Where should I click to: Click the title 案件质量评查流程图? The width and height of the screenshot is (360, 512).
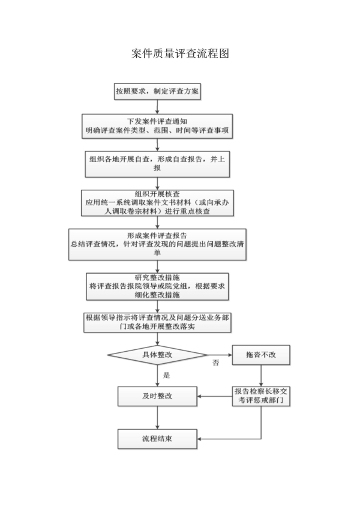tap(180, 53)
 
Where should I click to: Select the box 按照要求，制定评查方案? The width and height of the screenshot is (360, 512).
tap(157, 91)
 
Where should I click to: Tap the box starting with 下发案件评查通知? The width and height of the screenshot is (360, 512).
tap(157, 127)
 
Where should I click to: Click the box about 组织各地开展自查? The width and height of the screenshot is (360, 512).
tap(157, 164)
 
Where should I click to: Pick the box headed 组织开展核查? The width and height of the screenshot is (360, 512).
tap(157, 203)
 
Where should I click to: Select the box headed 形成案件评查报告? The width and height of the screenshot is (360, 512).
tap(157, 244)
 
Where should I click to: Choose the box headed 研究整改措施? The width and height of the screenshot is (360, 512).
tap(157, 286)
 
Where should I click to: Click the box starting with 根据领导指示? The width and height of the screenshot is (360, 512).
tap(157, 322)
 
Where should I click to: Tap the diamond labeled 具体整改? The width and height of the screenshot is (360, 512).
tap(157, 355)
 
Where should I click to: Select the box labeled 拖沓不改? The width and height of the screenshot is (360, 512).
tap(261, 355)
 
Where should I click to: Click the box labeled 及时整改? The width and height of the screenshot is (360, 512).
tap(157, 396)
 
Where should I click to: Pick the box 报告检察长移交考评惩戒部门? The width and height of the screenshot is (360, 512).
tap(261, 396)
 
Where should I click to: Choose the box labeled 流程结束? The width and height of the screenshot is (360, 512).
tap(157, 439)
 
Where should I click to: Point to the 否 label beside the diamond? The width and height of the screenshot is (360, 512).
tap(216, 363)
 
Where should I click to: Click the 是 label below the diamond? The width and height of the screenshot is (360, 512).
tap(166, 375)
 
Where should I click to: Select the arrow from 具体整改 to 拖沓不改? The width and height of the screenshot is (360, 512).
tap(220, 355)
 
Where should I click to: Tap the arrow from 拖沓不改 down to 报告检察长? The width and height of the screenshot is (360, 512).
tap(261, 376)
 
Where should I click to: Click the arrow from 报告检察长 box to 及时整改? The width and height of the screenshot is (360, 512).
tap(215, 396)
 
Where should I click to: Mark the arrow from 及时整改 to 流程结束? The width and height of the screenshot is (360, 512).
tap(157, 418)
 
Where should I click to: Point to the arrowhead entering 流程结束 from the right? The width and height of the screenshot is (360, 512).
tap(199, 439)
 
